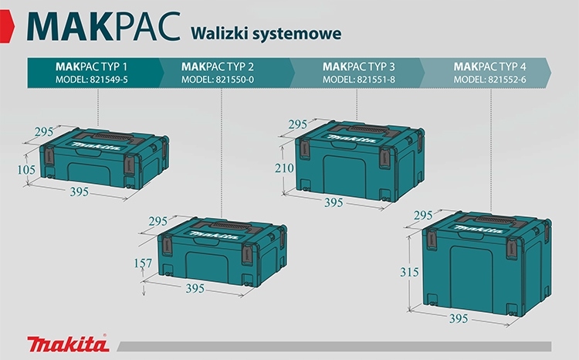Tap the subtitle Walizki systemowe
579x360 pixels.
(261, 33)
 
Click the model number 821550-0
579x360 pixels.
(224, 80)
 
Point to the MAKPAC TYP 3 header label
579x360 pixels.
(358, 66)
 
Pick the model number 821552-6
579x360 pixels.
(490, 80)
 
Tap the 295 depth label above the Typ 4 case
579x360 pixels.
(424, 215)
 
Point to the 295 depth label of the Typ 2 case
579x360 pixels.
(159, 221)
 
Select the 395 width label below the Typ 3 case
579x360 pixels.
(333, 202)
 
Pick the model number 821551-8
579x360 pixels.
(358, 80)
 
